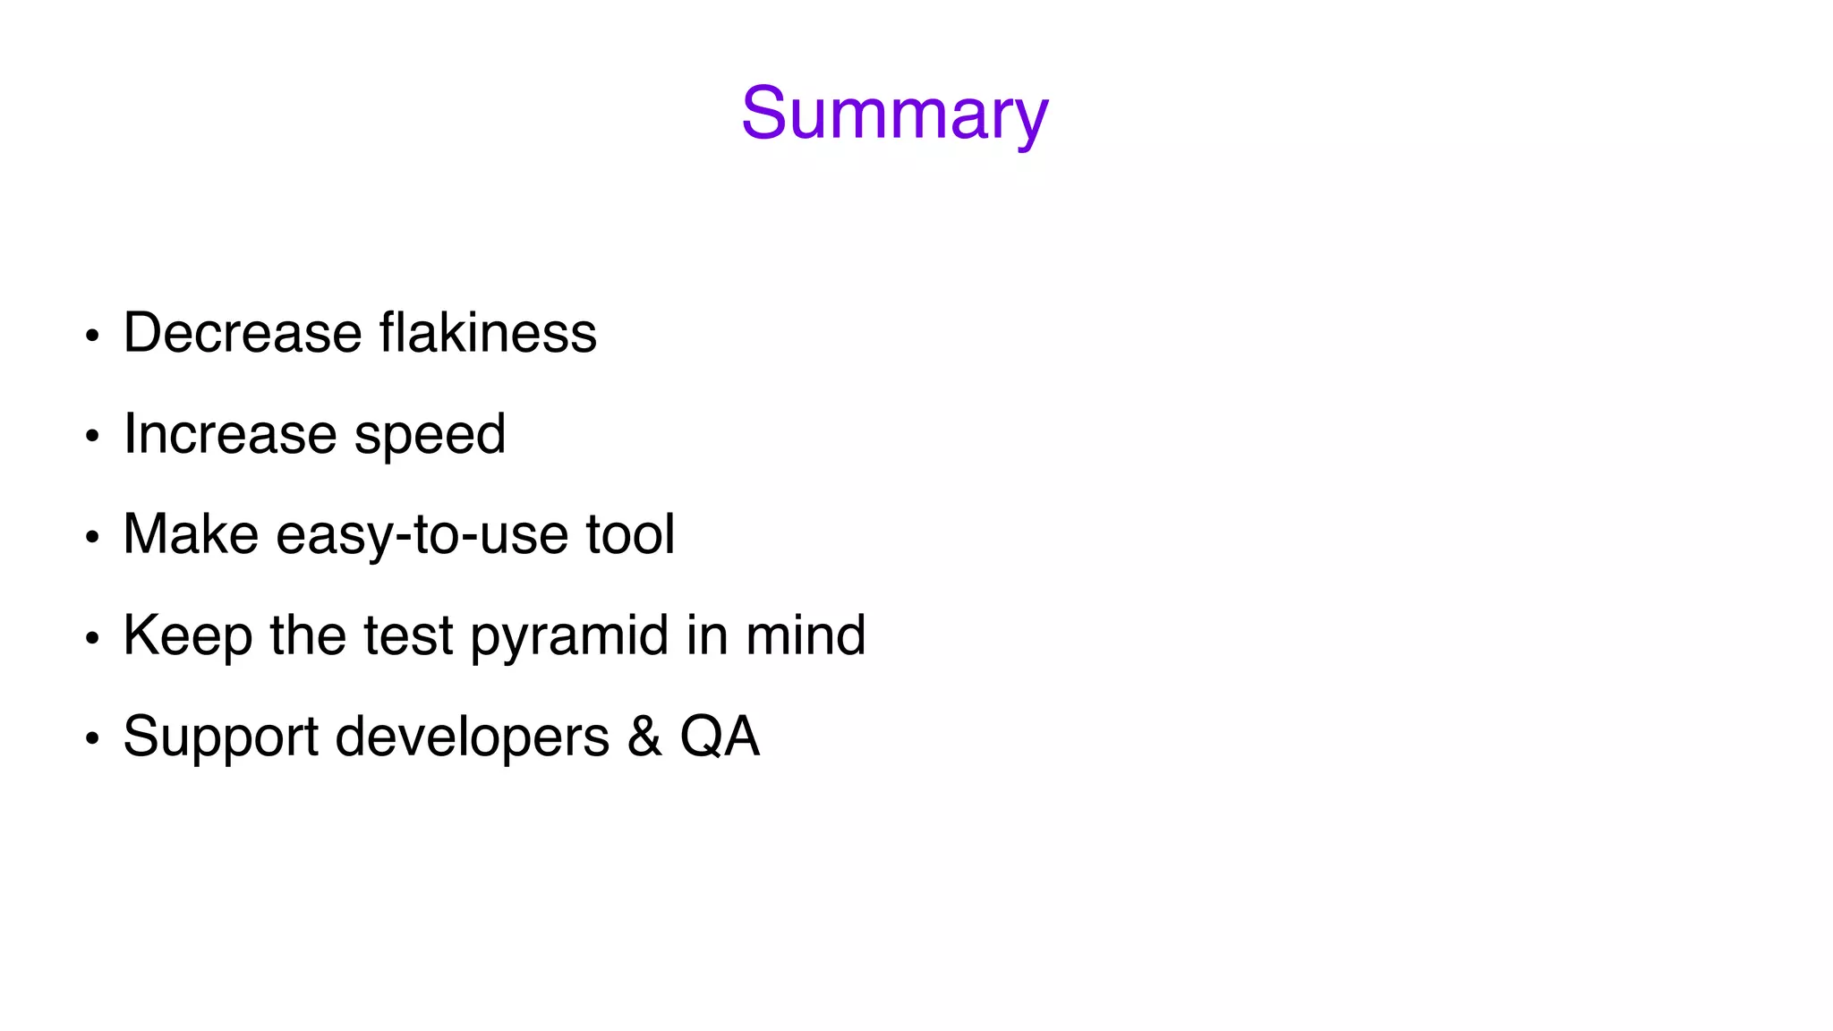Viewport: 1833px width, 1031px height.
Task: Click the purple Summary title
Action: point(894,114)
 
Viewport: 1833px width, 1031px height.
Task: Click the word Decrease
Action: point(243,333)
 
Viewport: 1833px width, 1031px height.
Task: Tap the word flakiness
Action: point(488,333)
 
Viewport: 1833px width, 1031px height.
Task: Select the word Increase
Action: point(230,434)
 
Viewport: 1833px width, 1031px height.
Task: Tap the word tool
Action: point(630,534)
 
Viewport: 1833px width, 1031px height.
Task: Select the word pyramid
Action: point(569,636)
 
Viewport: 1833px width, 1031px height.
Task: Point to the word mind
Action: point(806,635)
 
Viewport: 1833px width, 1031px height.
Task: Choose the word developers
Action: point(473,737)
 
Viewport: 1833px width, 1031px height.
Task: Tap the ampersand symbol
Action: point(644,737)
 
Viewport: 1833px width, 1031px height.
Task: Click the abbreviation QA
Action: point(720,737)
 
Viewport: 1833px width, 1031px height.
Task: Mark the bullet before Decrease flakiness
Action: point(91,337)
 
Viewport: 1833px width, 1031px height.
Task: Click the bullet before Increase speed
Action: point(91,437)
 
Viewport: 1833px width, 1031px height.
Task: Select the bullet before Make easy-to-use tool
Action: point(91,538)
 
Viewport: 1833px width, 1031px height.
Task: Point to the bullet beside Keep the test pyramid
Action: point(91,639)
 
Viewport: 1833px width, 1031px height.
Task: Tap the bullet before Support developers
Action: point(91,739)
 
